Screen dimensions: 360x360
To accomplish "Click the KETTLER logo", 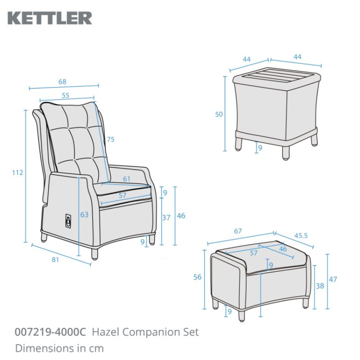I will click(50, 18).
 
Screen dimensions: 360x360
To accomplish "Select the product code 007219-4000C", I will click(50, 333).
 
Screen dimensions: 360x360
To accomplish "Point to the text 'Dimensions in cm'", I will click(59, 348).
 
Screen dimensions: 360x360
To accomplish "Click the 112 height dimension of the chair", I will click(18, 172).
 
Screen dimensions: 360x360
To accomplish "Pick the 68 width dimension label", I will click(62, 82).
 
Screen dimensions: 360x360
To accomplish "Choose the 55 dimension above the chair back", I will click(66, 95).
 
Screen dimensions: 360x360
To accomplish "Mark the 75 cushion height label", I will click(110, 139).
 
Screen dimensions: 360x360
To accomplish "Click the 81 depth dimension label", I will click(56, 260).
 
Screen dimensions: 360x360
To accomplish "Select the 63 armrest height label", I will click(84, 215).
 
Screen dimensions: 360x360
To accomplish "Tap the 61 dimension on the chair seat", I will click(126, 179).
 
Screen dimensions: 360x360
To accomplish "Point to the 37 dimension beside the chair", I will click(166, 218).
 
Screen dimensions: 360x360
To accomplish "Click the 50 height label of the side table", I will click(219, 114).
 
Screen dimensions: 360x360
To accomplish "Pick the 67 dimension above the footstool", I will click(238, 231).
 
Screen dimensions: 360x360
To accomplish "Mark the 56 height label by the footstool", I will click(198, 277).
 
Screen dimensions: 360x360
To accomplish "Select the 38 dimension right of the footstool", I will click(320, 285).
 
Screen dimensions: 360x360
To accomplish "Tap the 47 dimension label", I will click(333, 279).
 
